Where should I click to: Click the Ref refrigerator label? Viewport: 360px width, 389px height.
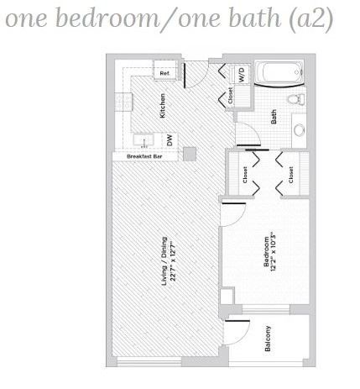[x=164, y=73]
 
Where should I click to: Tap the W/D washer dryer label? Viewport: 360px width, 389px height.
[x=242, y=75]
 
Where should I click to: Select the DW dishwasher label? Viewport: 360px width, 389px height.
[x=170, y=139]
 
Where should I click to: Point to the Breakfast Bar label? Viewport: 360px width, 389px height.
[x=144, y=156]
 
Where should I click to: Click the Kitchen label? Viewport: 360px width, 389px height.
[x=162, y=105]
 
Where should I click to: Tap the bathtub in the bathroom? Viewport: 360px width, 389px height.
[x=279, y=72]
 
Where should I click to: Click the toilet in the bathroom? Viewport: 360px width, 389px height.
[x=296, y=99]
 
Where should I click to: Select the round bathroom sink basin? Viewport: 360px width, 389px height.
[x=300, y=129]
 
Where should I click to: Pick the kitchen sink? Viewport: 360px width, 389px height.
[x=143, y=140]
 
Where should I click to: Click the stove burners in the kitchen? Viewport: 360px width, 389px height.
[x=123, y=102]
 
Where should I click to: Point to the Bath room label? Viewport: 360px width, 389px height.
[x=274, y=117]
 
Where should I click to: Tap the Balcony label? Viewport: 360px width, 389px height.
[x=268, y=339]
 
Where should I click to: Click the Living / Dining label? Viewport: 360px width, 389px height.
[x=164, y=261]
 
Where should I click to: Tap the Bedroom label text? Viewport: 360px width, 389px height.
[x=266, y=251]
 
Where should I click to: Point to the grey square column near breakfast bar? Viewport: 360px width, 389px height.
[x=190, y=154]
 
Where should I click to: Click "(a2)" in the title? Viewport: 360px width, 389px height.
[x=311, y=19]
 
